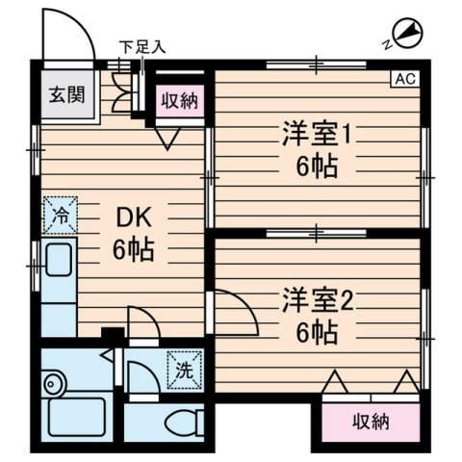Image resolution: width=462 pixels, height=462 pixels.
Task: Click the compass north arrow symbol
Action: (407, 35)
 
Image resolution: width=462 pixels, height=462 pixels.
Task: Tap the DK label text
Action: (138, 218)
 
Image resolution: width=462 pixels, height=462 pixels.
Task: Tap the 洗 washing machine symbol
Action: (182, 367)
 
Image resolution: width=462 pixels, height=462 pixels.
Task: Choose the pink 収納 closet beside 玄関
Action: (180, 98)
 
